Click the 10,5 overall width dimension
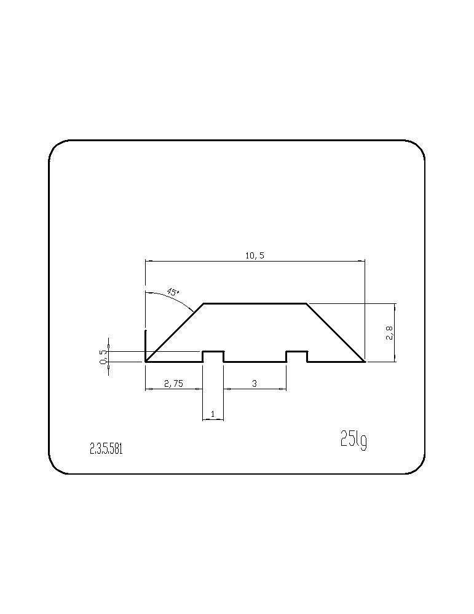255,255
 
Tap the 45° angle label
173,292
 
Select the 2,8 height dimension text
389,333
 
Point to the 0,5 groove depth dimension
103,356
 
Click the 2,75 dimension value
174,384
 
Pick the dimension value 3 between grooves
255,383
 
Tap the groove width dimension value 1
213,413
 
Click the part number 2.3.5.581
106,449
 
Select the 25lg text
354,440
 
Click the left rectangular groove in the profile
213,352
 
